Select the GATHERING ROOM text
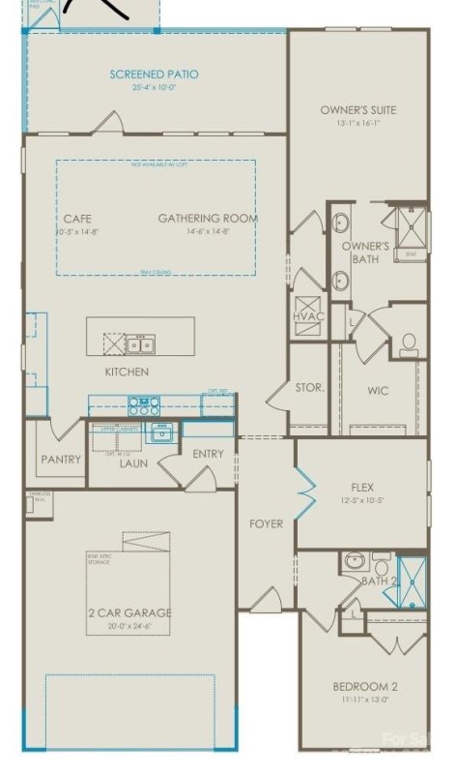coord(208,219)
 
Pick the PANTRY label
coord(60,460)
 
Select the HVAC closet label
coord(310,316)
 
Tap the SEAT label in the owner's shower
coord(410,254)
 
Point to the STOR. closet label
coord(309,388)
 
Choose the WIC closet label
coord(378,391)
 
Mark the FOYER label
coord(266,523)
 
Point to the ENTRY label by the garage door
coord(208,454)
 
